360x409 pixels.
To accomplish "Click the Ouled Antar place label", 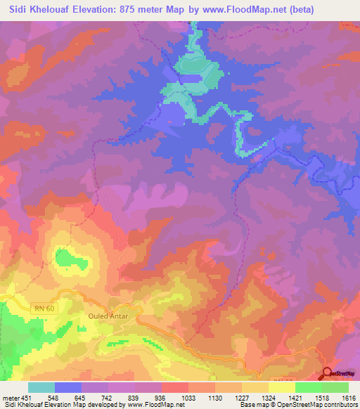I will tap(107, 316).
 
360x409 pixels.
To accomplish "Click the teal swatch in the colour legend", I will tap(41, 387).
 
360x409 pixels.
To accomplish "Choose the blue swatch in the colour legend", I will tap(67, 387).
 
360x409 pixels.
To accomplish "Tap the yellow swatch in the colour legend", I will tap(281, 387).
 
